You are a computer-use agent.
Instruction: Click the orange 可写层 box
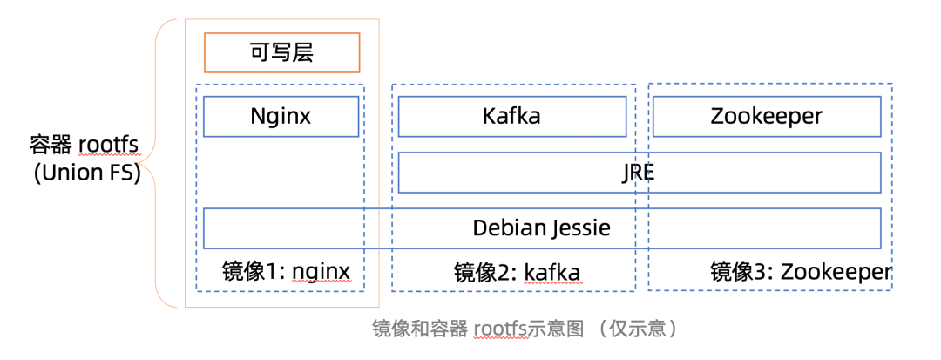pyautogui.click(x=281, y=52)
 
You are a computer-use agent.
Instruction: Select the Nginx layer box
pyautogui.click(x=281, y=116)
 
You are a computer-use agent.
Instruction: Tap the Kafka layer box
pyautogui.click(x=511, y=116)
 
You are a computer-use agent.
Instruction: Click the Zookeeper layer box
pyautogui.click(x=766, y=116)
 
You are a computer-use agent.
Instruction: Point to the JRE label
pyautogui.click(x=639, y=173)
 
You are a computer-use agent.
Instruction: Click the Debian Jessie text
pyautogui.click(x=541, y=228)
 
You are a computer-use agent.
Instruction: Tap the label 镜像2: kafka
pyautogui.click(x=517, y=272)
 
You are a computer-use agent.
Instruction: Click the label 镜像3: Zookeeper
pyautogui.click(x=801, y=272)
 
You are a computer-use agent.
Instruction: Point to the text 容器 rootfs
pyautogui.click(x=85, y=144)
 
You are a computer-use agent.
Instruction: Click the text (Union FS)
pyautogui.click(x=87, y=173)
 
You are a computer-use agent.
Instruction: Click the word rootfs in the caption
pyautogui.click(x=502, y=329)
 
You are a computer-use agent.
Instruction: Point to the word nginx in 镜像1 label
pyautogui.click(x=321, y=272)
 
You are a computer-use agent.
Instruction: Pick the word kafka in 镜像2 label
pyautogui.click(x=552, y=272)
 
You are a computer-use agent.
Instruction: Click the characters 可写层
pyautogui.click(x=281, y=52)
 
